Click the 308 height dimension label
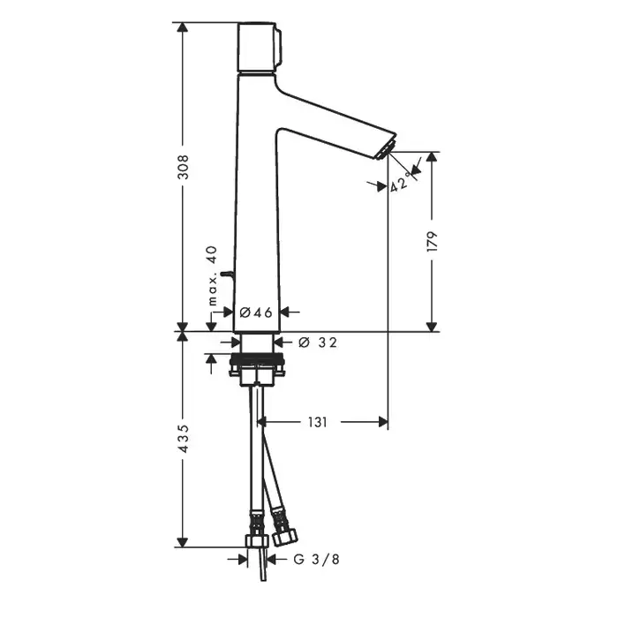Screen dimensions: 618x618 pos(183,167)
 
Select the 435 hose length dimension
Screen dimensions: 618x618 pos(184,438)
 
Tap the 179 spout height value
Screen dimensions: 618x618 pos(433,242)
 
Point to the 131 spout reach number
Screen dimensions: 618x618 pos(317,423)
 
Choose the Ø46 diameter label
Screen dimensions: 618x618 pos(256,313)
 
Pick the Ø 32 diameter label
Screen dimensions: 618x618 pos(318,343)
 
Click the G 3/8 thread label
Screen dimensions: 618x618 pos(316,559)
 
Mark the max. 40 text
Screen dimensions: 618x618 pos(213,275)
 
